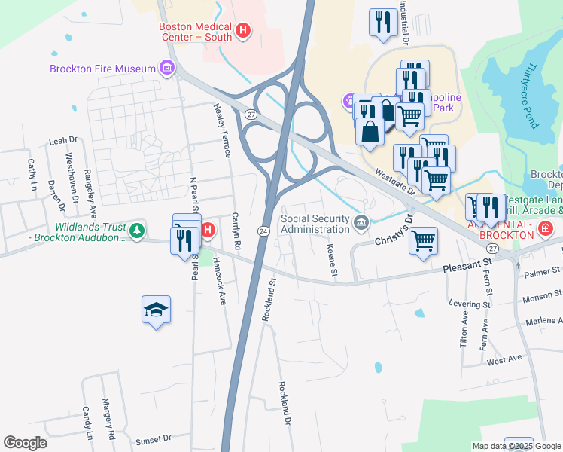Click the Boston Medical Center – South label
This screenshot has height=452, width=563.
[195, 31]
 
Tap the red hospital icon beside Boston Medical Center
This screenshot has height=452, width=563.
[243, 31]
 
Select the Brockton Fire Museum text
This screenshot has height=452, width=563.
[102, 69]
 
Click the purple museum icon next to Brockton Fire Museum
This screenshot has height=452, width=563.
[166, 69]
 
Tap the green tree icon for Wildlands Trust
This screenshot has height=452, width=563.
[136, 229]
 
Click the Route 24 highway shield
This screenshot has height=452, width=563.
[263, 230]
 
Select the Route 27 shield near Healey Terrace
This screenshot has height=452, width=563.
[251, 113]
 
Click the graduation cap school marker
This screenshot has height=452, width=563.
[156, 310]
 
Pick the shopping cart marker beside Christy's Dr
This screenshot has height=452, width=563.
[424, 241]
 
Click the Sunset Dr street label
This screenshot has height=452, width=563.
[154, 438]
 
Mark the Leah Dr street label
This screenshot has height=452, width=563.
[63, 140]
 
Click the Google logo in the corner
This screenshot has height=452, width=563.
[25, 443]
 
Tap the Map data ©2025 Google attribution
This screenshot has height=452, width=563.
[515, 446]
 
